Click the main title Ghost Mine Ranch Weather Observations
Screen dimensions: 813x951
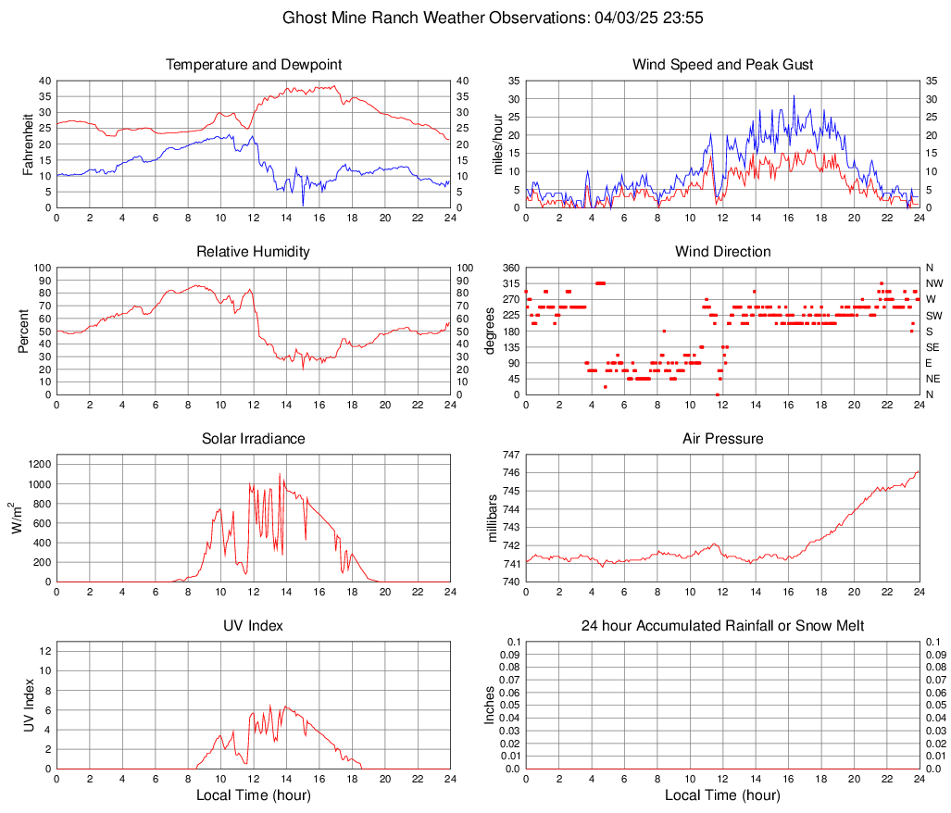coord(476,18)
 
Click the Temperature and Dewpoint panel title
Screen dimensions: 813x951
coord(254,65)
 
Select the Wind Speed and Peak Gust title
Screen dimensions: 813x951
coord(722,65)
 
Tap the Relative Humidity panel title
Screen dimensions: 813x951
coord(254,252)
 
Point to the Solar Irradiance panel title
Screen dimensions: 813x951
coord(254,439)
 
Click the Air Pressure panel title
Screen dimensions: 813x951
coord(722,439)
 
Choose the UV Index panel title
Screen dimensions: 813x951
coord(254,626)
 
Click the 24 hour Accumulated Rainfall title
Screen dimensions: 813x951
coord(722,626)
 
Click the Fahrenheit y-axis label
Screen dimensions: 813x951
coord(27,144)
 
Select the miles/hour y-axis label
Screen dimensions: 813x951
coord(497,144)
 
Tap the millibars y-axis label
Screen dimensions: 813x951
coord(494,519)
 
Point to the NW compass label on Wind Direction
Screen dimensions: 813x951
coord(933,283)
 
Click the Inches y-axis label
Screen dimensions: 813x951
coord(491,706)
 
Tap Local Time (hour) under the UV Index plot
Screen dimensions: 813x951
coord(254,795)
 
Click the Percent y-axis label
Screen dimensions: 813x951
coord(23,331)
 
